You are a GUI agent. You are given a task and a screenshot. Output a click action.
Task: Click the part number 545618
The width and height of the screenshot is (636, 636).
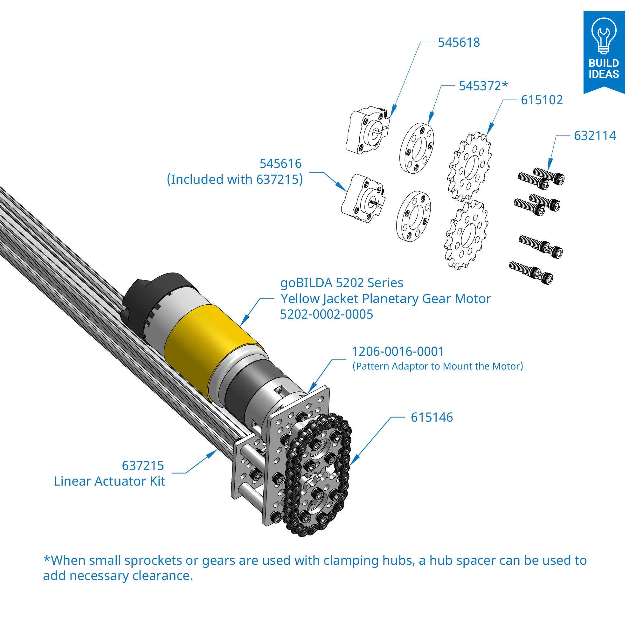pos(459,43)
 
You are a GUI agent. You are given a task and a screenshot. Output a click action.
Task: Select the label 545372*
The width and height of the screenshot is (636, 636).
pos(483,86)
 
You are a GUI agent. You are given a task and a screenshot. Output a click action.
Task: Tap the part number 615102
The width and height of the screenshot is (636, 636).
pos(542,100)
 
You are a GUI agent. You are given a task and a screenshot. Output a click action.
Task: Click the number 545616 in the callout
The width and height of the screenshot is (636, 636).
pos(280,163)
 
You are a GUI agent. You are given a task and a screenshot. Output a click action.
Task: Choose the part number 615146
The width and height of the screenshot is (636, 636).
pos(432,418)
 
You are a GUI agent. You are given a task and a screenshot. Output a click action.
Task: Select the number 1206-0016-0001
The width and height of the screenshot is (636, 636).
pos(398,352)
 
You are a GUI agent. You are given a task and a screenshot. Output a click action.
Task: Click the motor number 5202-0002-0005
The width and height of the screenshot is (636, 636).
pos(326,315)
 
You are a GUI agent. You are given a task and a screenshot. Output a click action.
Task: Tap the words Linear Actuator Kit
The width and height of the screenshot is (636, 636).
pos(109,481)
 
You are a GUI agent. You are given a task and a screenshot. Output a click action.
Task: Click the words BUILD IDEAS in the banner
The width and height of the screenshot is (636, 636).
pos(604,68)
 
